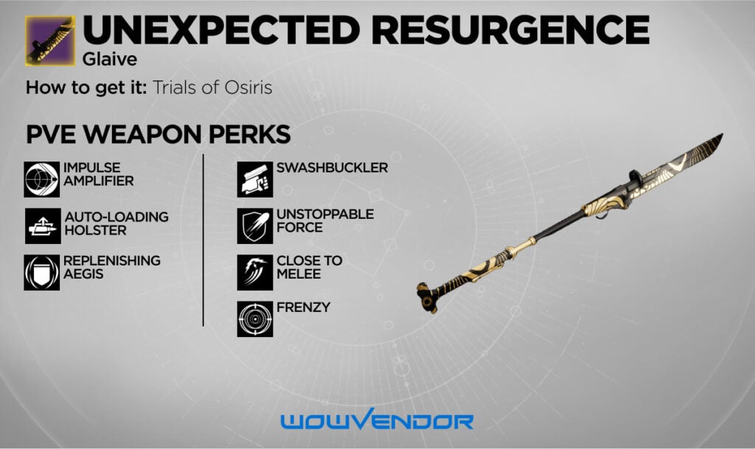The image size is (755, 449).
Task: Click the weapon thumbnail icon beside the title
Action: pyautogui.click(x=49, y=41)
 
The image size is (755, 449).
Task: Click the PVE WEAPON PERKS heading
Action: pyautogui.click(x=158, y=135)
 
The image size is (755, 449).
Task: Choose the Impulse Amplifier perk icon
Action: pyautogui.click(x=41, y=179)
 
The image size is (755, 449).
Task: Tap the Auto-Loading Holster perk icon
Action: pyautogui.click(x=41, y=226)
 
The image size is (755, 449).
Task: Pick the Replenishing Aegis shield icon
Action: pyautogui.click(x=41, y=272)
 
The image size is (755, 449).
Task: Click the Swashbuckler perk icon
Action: pyautogui.click(x=255, y=179)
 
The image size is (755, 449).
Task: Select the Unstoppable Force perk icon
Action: pyautogui.click(x=255, y=226)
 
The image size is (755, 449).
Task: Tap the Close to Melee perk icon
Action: pyautogui.click(x=255, y=272)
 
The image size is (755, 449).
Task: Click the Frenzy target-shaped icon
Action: pyautogui.click(x=255, y=319)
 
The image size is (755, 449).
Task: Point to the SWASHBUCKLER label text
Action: pyautogui.click(x=332, y=168)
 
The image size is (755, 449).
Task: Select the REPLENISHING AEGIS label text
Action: pyautogui.click(x=111, y=267)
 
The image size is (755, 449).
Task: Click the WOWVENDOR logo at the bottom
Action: pyautogui.click(x=377, y=422)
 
